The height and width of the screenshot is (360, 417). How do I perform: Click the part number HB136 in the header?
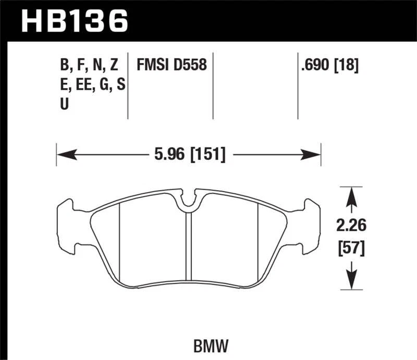73,21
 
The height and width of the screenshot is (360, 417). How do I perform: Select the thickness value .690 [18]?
328,66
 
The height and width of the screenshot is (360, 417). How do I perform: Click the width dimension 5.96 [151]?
189,154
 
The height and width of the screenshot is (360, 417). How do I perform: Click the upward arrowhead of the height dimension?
351,194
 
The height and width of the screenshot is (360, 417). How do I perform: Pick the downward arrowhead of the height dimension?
351,281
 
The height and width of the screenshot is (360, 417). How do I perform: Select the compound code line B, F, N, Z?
89,66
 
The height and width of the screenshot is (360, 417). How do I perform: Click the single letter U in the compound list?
64,104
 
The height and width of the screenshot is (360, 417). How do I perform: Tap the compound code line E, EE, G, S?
92,84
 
